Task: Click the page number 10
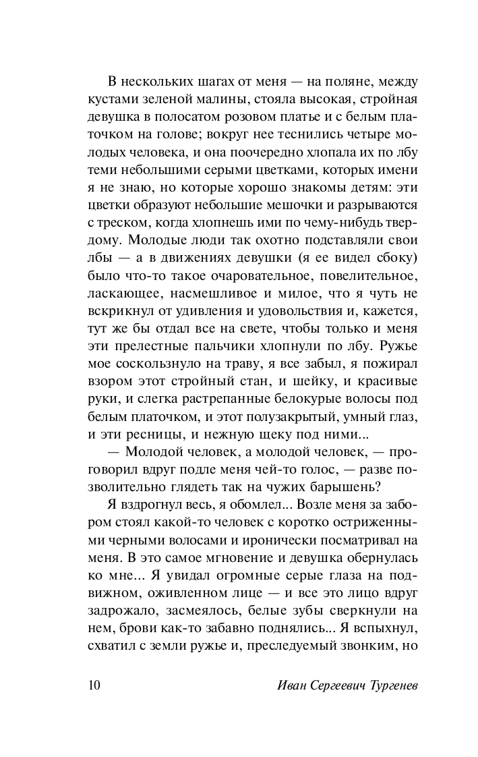coord(94,686)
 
